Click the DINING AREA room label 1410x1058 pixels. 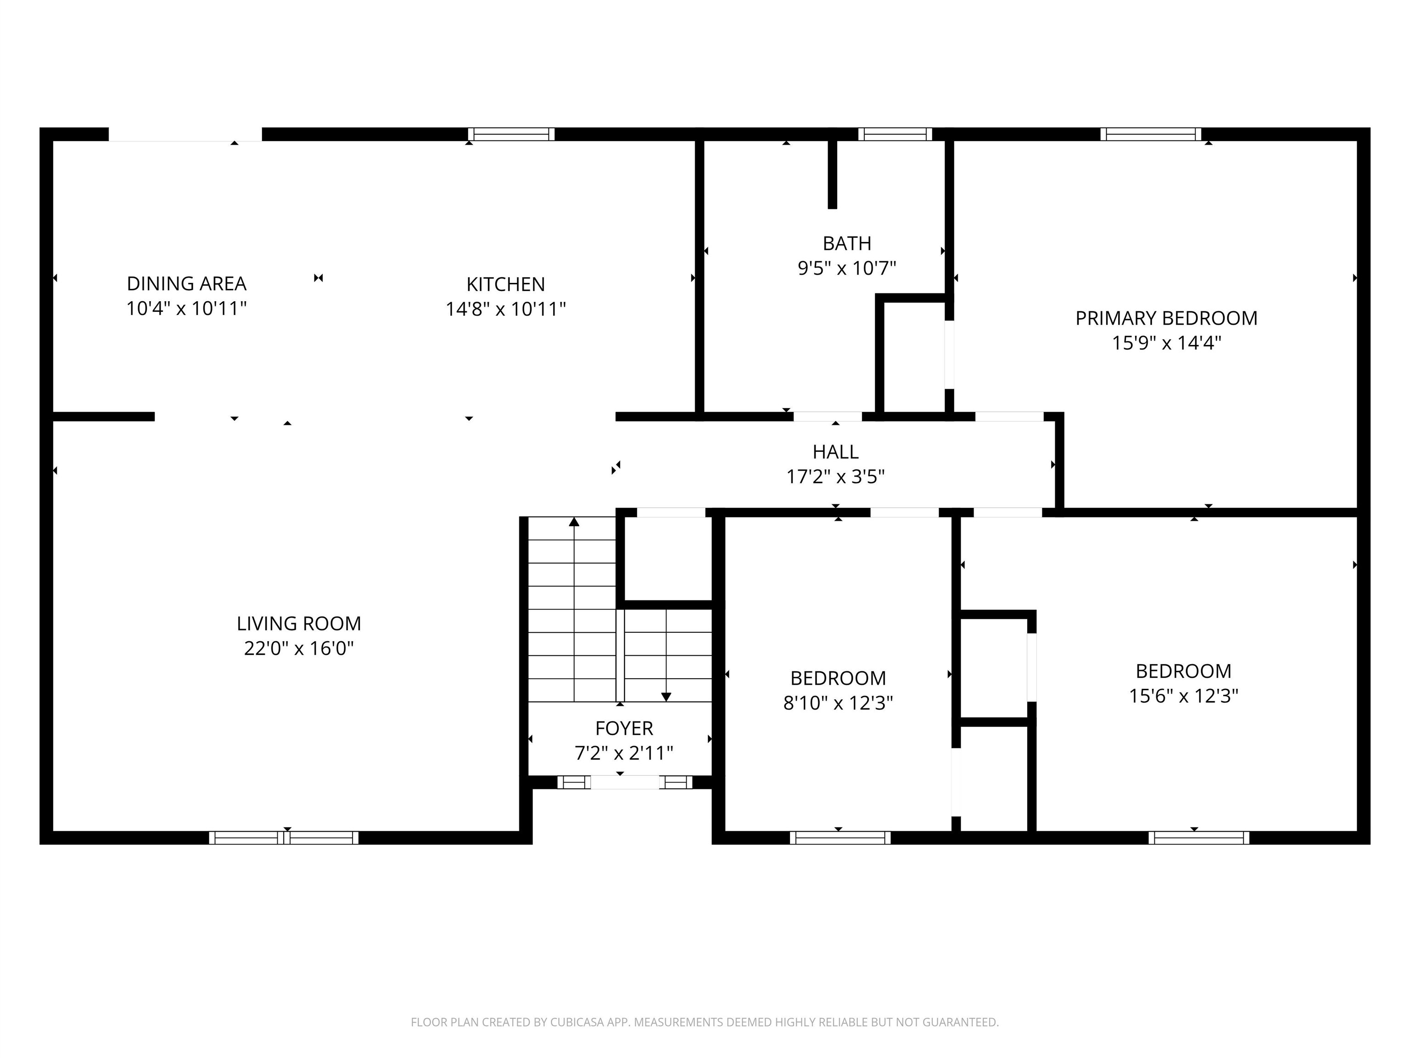[x=186, y=283]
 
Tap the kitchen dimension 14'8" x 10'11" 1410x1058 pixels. [x=505, y=310]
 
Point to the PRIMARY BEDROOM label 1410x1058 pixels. [x=1166, y=318]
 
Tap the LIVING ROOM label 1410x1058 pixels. [x=298, y=623]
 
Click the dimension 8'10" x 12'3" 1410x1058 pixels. [x=838, y=703]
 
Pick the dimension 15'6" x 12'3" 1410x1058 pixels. [x=1183, y=696]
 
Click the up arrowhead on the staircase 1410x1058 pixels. [x=574, y=522]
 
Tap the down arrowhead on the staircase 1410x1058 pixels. [x=666, y=697]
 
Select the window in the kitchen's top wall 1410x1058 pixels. [x=511, y=134]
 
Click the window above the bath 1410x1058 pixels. [x=895, y=134]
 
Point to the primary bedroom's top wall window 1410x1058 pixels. [x=1151, y=134]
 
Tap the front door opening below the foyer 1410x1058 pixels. [x=625, y=782]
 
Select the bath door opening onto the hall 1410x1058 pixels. [x=828, y=416]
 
